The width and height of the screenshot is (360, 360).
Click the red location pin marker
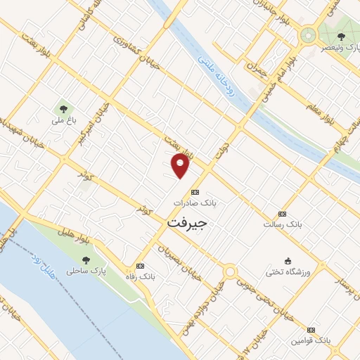coord(181,165)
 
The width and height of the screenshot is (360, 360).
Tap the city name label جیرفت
coord(188,222)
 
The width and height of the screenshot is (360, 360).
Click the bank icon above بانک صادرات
coord(195,192)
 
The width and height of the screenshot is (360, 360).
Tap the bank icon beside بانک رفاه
coord(140,266)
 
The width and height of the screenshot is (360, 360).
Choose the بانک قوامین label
coord(310,340)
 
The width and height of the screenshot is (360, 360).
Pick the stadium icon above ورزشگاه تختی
coord(287,260)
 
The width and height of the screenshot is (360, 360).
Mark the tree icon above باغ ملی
coord(64,109)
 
